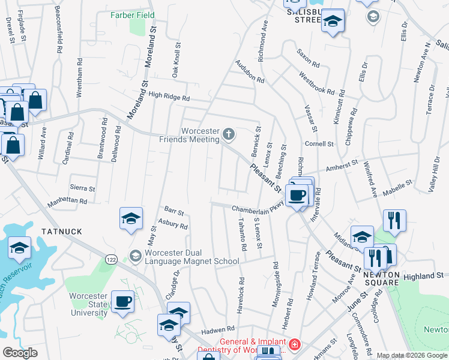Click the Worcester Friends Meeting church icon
228,133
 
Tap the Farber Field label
133,15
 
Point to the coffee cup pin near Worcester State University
122,302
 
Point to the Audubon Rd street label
250,71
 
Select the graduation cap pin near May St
130,219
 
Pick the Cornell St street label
319,144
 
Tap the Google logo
20,353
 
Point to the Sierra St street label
82,188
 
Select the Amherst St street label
342,163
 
